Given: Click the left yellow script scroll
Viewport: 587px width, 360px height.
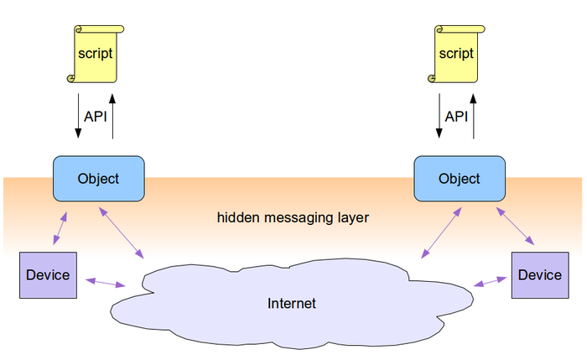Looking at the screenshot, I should (x=95, y=53).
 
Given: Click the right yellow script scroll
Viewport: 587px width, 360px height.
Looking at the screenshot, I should (x=456, y=53).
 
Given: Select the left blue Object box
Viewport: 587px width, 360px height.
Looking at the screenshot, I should (x=98, y=178).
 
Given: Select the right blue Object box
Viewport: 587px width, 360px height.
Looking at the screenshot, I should (x=460, y=178).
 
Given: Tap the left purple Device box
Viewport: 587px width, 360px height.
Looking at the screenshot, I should (x=48, y=275).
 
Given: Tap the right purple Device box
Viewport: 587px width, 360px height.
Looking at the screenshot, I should (x=539, y=275).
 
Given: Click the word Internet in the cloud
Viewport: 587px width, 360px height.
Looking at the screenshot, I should (x=292, y=303).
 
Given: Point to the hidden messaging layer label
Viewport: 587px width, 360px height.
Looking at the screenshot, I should (x=293, y=217).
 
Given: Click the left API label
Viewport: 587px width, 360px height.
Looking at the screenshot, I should (x=96, y=117).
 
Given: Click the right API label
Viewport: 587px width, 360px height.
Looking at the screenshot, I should (x=456, y=117).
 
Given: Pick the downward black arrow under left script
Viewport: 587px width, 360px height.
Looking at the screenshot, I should (x=78, y=117).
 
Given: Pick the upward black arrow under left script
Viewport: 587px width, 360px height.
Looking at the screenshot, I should (x=112, y=117).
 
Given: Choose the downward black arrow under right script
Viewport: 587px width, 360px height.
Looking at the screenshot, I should (x=439, y=117).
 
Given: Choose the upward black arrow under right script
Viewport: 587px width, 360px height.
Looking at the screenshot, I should (x=474, y=117).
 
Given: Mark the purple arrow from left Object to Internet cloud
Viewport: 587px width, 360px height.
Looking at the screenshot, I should (x=122, y=230).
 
